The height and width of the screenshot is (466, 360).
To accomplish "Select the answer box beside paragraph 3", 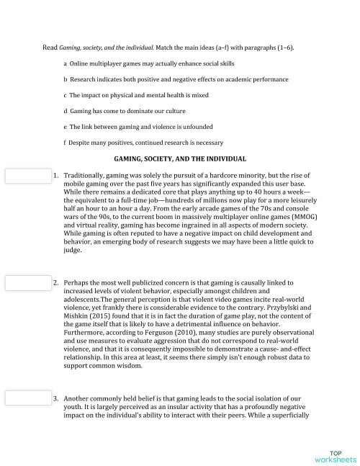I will tap(25, 397).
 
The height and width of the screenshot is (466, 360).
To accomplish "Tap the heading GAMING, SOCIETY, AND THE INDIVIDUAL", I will tap(180, 158).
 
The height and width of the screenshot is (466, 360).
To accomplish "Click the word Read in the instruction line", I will tap(50, 48).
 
